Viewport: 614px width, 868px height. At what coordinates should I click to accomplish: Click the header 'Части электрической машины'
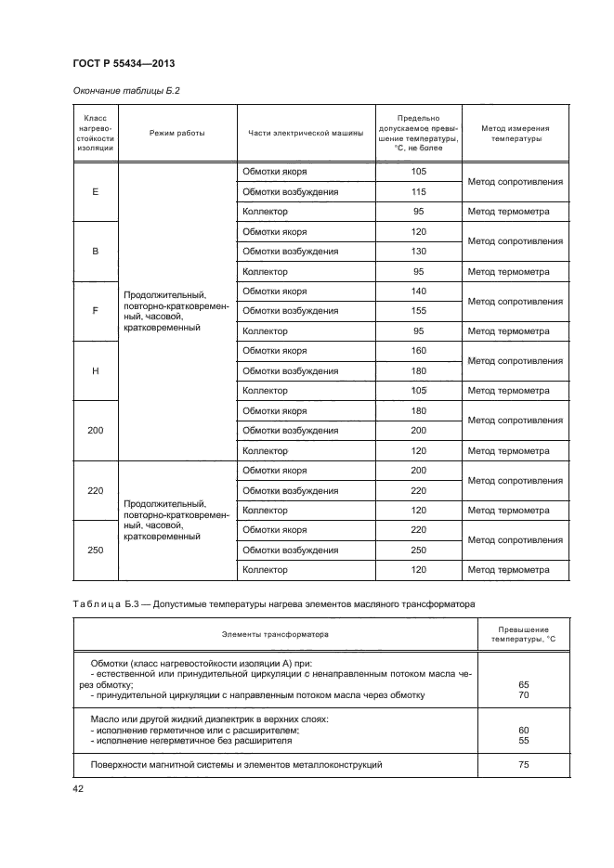(303, 133)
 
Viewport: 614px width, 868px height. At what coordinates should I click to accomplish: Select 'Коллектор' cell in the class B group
(265, 272)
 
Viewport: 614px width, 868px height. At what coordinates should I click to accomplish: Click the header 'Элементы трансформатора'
(276, 635)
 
